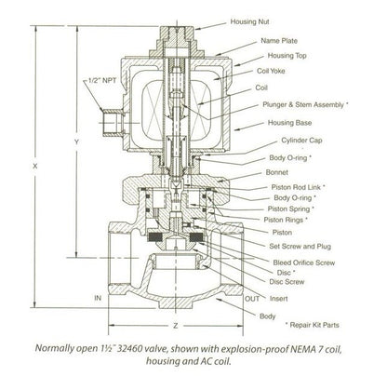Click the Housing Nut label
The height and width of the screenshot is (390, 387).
pos(249,21)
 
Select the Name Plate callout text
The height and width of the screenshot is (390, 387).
pos(279,41)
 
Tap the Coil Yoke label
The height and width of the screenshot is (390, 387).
pos(271,71)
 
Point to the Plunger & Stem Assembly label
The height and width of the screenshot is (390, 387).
pos(305,104)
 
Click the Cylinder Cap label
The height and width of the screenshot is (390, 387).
pos(301,141)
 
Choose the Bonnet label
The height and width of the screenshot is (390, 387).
pos(277,172)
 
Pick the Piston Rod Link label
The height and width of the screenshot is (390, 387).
pos(298,187)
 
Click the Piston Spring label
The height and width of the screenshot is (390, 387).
pos(290,208)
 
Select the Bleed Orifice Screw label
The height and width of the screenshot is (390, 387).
pos(304,262)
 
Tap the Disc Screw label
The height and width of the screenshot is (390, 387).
pos(287,282)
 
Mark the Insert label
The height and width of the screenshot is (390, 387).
pos(278,299)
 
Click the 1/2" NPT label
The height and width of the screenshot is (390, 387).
pos(102,80)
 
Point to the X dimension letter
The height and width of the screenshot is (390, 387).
pos(35,166)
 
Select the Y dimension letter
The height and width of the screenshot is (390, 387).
pos(77,142)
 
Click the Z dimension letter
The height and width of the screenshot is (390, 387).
pos(176,326)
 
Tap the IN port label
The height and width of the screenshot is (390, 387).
pos(98,298)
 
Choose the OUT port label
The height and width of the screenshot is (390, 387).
pos(252,299)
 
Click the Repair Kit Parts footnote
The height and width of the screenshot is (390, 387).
pos(312,325)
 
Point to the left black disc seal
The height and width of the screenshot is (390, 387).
pos(155,237)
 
